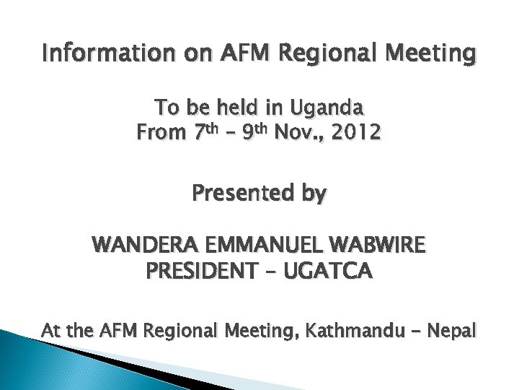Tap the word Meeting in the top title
(x=430, y=53)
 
